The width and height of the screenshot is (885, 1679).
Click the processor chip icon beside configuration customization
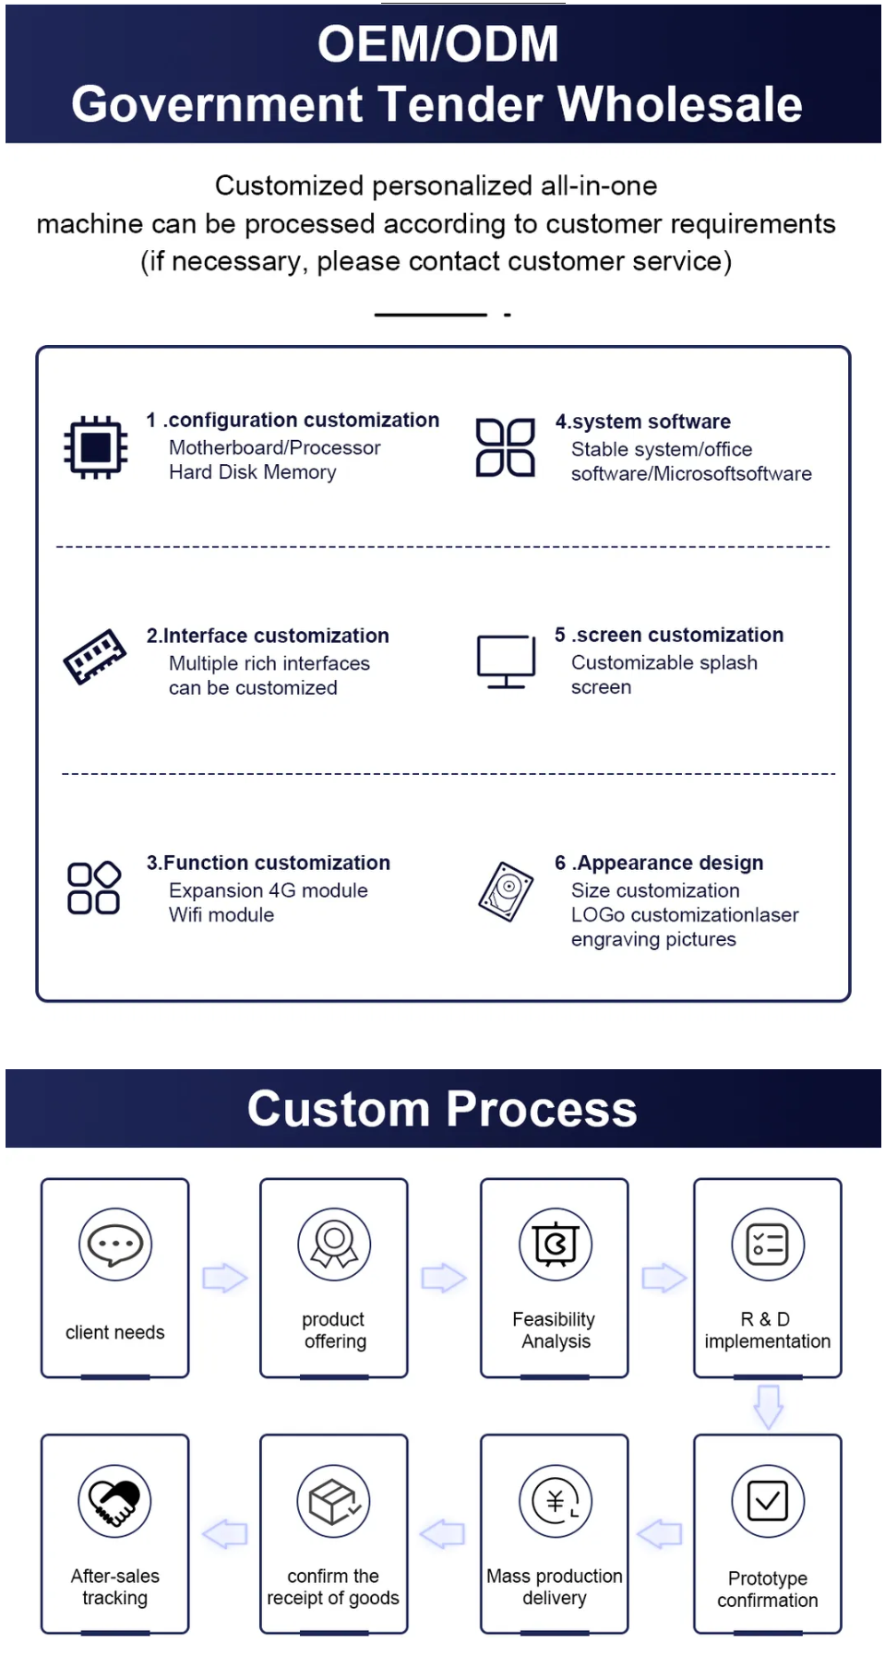pos(95,447)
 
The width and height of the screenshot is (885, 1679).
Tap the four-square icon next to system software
pos(505,447)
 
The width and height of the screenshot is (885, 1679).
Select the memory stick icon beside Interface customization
pos(95,656)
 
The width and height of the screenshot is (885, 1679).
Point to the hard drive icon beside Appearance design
pos(507,891)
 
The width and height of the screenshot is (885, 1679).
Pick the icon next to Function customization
pos(94,887)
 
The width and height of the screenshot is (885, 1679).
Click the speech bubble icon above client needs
pos(115,1244)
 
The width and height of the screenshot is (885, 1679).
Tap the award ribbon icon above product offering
pos(334,1244)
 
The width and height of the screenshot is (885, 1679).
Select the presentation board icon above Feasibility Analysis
pos(555,1244)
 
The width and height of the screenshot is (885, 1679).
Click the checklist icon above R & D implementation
pos(768,1244)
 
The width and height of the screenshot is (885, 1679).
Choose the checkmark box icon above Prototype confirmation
pos(768,1501)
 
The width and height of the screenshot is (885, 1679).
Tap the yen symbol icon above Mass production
pos(555,1501)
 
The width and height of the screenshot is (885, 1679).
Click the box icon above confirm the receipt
pos(334,1501)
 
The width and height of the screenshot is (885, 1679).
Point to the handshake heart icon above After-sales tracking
pos(115,1501)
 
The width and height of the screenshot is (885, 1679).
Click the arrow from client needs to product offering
pos(225,1278)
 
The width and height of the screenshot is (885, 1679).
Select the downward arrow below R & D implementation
pos(769,1407)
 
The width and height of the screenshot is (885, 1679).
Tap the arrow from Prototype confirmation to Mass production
pos(660,1534)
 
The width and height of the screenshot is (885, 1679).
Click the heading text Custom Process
pos(442,1108)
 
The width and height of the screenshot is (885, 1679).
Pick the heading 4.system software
pos(643,422)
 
